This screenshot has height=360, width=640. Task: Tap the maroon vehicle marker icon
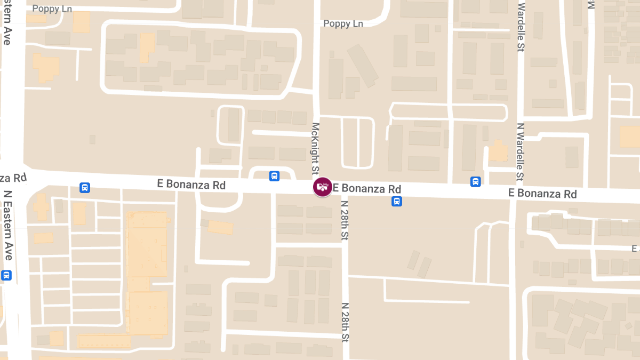(322, 187)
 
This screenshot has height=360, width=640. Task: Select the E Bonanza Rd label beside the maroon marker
(367, 189)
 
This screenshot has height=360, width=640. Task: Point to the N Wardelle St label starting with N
(520, 152)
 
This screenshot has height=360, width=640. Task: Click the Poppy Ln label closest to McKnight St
(343, 24)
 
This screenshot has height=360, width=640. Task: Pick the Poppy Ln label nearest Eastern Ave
(52, 9)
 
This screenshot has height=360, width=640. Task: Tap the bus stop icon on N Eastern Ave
(6, 275)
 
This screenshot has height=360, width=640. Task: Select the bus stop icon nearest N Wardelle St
(475, 182)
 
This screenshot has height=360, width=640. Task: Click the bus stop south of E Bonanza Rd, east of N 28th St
(397, 201)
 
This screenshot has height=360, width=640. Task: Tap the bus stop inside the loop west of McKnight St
(274, 175)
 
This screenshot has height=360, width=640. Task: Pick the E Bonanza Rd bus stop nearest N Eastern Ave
(84, 187)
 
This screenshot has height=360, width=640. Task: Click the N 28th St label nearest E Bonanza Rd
(345, 220)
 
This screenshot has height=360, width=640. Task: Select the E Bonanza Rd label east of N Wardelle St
(542, 193)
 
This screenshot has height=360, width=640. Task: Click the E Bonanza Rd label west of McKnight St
(191, 185)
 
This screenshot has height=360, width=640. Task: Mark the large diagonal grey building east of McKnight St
(363, 65)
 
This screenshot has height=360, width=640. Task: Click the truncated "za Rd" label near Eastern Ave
(13, 177)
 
